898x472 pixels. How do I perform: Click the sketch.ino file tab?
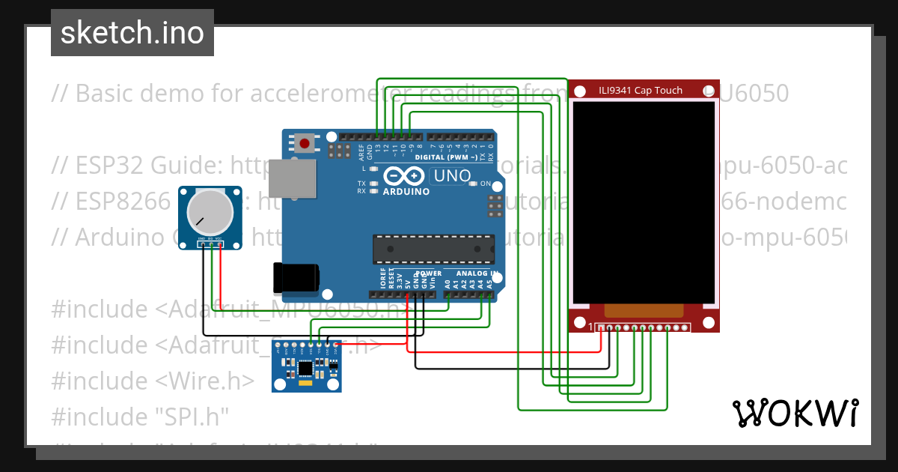[x=132, y=33]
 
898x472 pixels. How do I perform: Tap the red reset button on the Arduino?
[x=305, y=142]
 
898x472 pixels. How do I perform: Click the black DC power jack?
[x=296, y=277]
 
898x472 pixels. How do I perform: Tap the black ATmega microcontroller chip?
[x=433, y=249]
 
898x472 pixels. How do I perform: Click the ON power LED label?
[x=486, y=184]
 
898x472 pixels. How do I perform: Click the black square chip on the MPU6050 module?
[x=305, y=368]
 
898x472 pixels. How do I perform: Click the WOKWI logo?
[x=794, y=413]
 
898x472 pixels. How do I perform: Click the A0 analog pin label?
[x=448, y=284]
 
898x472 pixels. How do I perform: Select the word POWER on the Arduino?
[x=429, y=273]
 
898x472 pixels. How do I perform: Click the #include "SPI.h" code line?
[x=139, y=417]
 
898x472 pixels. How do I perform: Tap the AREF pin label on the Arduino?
[x=362, y=154]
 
